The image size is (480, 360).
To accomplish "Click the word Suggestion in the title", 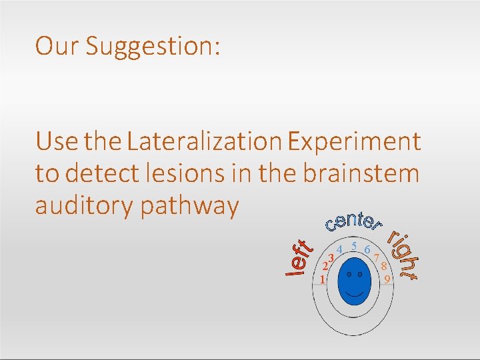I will (153, 46).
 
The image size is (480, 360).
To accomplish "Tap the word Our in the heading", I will (57, 45).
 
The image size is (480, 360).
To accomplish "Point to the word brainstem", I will (361, 173).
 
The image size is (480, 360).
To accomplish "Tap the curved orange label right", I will (403, 255).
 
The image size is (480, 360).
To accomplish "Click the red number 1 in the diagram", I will (322, 279).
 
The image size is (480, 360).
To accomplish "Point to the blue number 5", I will (354, 247).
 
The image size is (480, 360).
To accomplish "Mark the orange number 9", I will (387, 280).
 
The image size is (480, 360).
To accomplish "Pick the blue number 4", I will (339, 250).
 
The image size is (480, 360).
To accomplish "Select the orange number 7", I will (377, 257).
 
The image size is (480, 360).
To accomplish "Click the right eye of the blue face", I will (361, 273).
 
